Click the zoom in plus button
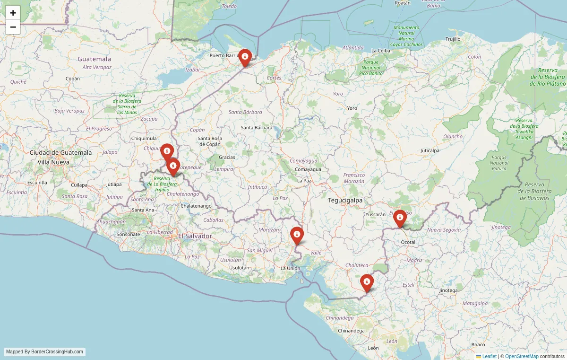[13, 13]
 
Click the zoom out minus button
[13, 27]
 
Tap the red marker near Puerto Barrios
[245, 58]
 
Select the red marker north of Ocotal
[400, 218]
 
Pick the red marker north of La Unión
[297, 235]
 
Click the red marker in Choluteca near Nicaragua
[367, 282]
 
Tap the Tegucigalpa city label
[345, 200]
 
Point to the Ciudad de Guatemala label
[60, 152]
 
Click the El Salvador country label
[195, 236]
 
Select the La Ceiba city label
[380, 50]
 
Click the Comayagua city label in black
[308, 169]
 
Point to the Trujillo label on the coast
[453, 39]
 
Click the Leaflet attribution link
[489, 356]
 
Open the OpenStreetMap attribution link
[522, 356]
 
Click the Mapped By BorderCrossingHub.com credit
[44, 352]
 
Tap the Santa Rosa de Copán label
[210, 141]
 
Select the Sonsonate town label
[129, 234]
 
